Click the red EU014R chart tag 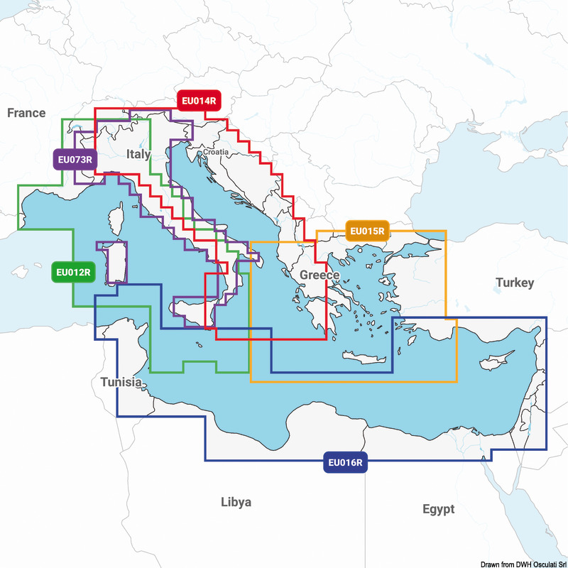(x=198, y=101)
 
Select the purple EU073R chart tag (x=74, y=159)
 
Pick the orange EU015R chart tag (x=367, y=230)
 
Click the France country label (x=26, y=113)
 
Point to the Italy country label (x=138, y=154)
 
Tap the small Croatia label (x=216, y=152)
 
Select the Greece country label (x=319, y=275)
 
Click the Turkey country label (x=515, y=283)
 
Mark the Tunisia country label (x=121, y=381)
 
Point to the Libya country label (x=236, y=502)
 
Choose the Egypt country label (x=438, y=509)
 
